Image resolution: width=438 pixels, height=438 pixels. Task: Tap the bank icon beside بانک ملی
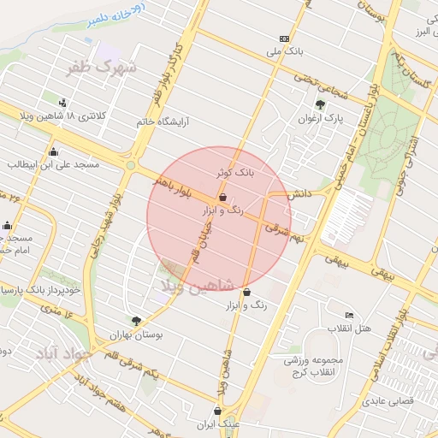pyautogui.click(x=284, y=38)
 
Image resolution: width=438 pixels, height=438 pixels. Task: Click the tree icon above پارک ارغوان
pyautogui.click(x=320, y=104)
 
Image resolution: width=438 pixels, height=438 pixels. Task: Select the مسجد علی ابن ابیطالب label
pyautogui.click(x=53, y=163)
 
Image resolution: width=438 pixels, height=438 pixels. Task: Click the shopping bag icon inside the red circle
pyautogui.click(x=222, y=197)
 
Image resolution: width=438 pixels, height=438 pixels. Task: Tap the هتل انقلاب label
pyautogui.click(x=350, y=328)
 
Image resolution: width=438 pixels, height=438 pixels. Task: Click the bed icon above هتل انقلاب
pyautogui.click(x=349, y=315)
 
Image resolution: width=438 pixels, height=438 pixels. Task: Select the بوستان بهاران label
pyautogui.click(x=135, y=335)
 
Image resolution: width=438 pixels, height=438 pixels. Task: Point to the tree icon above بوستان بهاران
pyautogui.click(x=135, y=322)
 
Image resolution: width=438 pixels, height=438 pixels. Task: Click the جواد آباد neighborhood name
pyautogui.click(x=60, y=352)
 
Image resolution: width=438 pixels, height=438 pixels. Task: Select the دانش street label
pyautogui.click(x=297, y=195)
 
